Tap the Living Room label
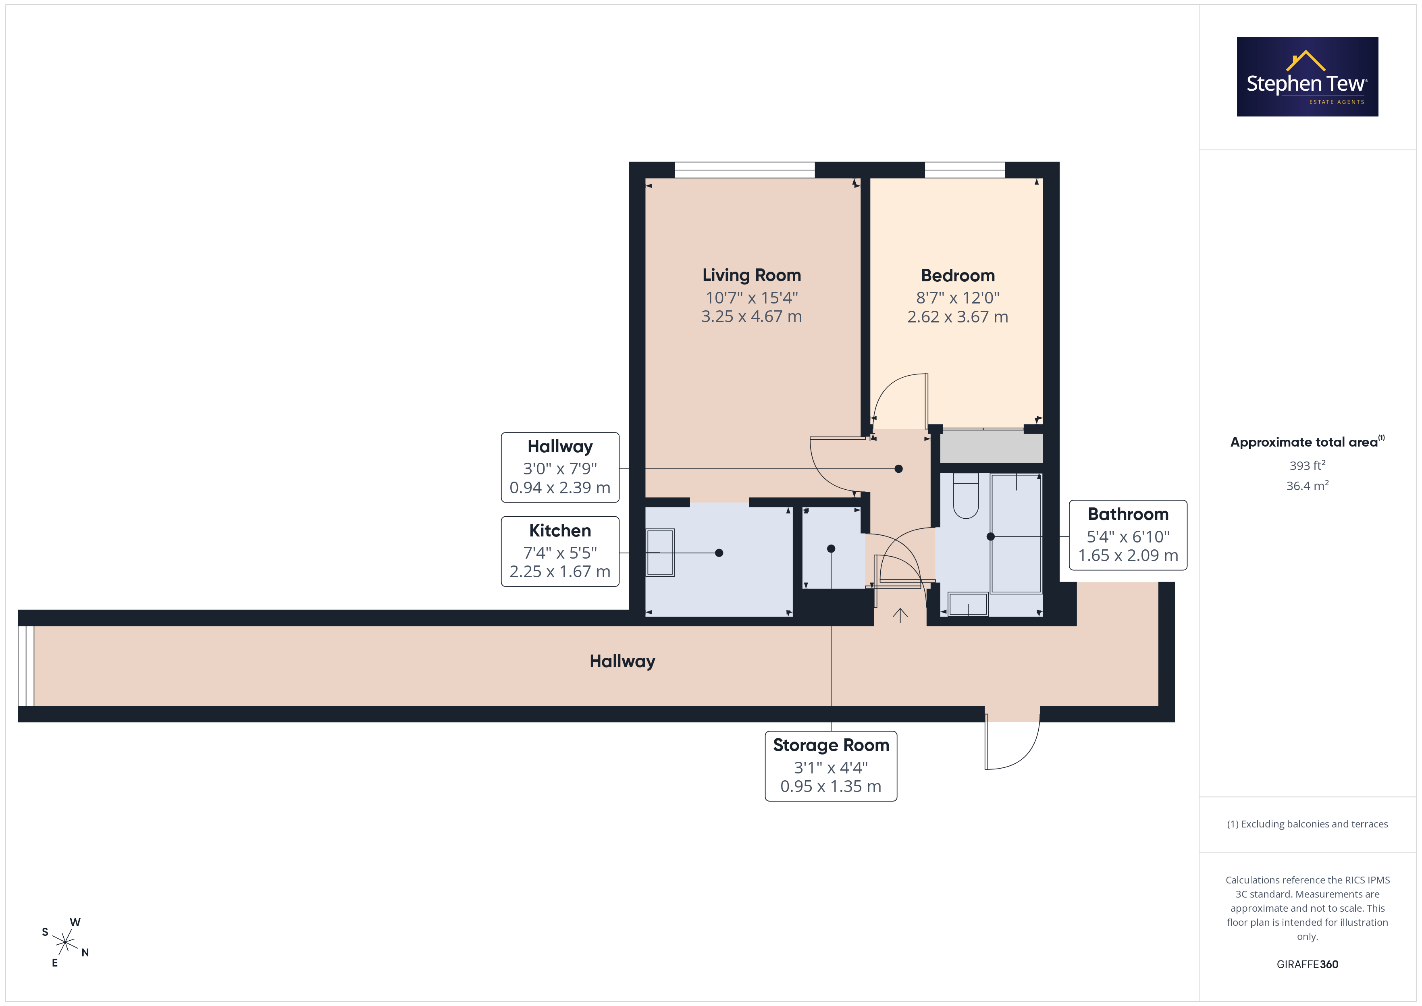(x=751, y=275)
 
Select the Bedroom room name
(x=958, y=276)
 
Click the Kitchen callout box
(x=560, y=551)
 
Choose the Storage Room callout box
(x=831, y=766)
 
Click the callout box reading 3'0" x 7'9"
(x=560, y=467)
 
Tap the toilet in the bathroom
(x=966, y=496)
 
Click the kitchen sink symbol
(x=660, y=553)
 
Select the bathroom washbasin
(x=968, y=604)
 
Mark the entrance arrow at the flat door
(x=900, y=615)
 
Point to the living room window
(x=744, y=170)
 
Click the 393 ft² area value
(x=1308, y=465)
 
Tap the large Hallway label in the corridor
(x=622, y=661)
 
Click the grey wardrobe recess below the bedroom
(x=991, y=447)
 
